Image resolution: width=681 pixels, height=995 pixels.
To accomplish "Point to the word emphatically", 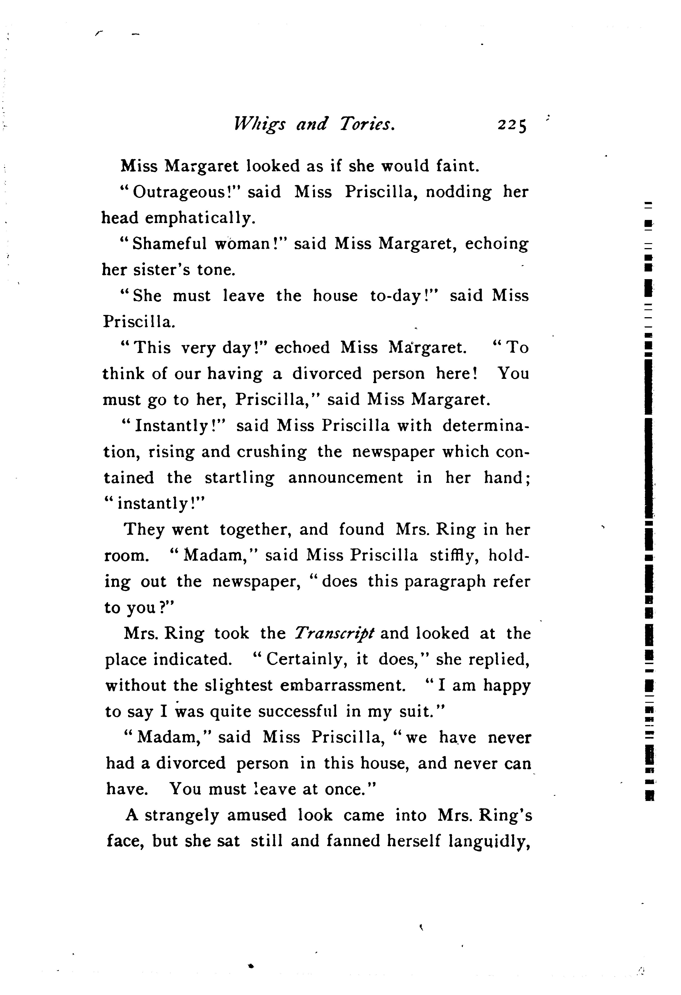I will pyautogui.click(x=200, y=218).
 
